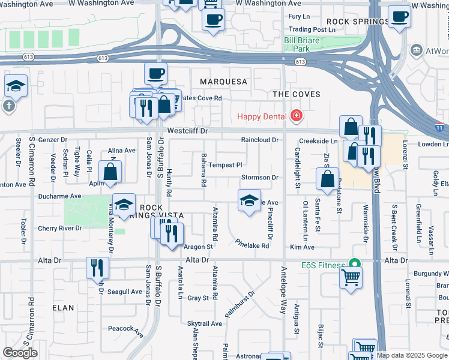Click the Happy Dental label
(x=262, y=116)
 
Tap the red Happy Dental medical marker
(x=295, y=115)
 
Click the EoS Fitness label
(x=323, y=265)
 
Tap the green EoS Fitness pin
(x=355, y=264)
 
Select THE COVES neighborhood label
(x=297, y=94)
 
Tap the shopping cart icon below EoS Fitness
(x=351, y=277)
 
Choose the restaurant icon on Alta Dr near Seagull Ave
(x=97, y=267)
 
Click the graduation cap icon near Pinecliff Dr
(x=249, y=200)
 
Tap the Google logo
(x=20, y=353)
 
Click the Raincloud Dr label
(x=260, y=140)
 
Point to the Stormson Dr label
(x=259, y=178)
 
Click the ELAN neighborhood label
(x=63, y=308)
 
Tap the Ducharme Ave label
(x=60, y=196)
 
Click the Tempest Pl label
(x=224, y=165)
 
